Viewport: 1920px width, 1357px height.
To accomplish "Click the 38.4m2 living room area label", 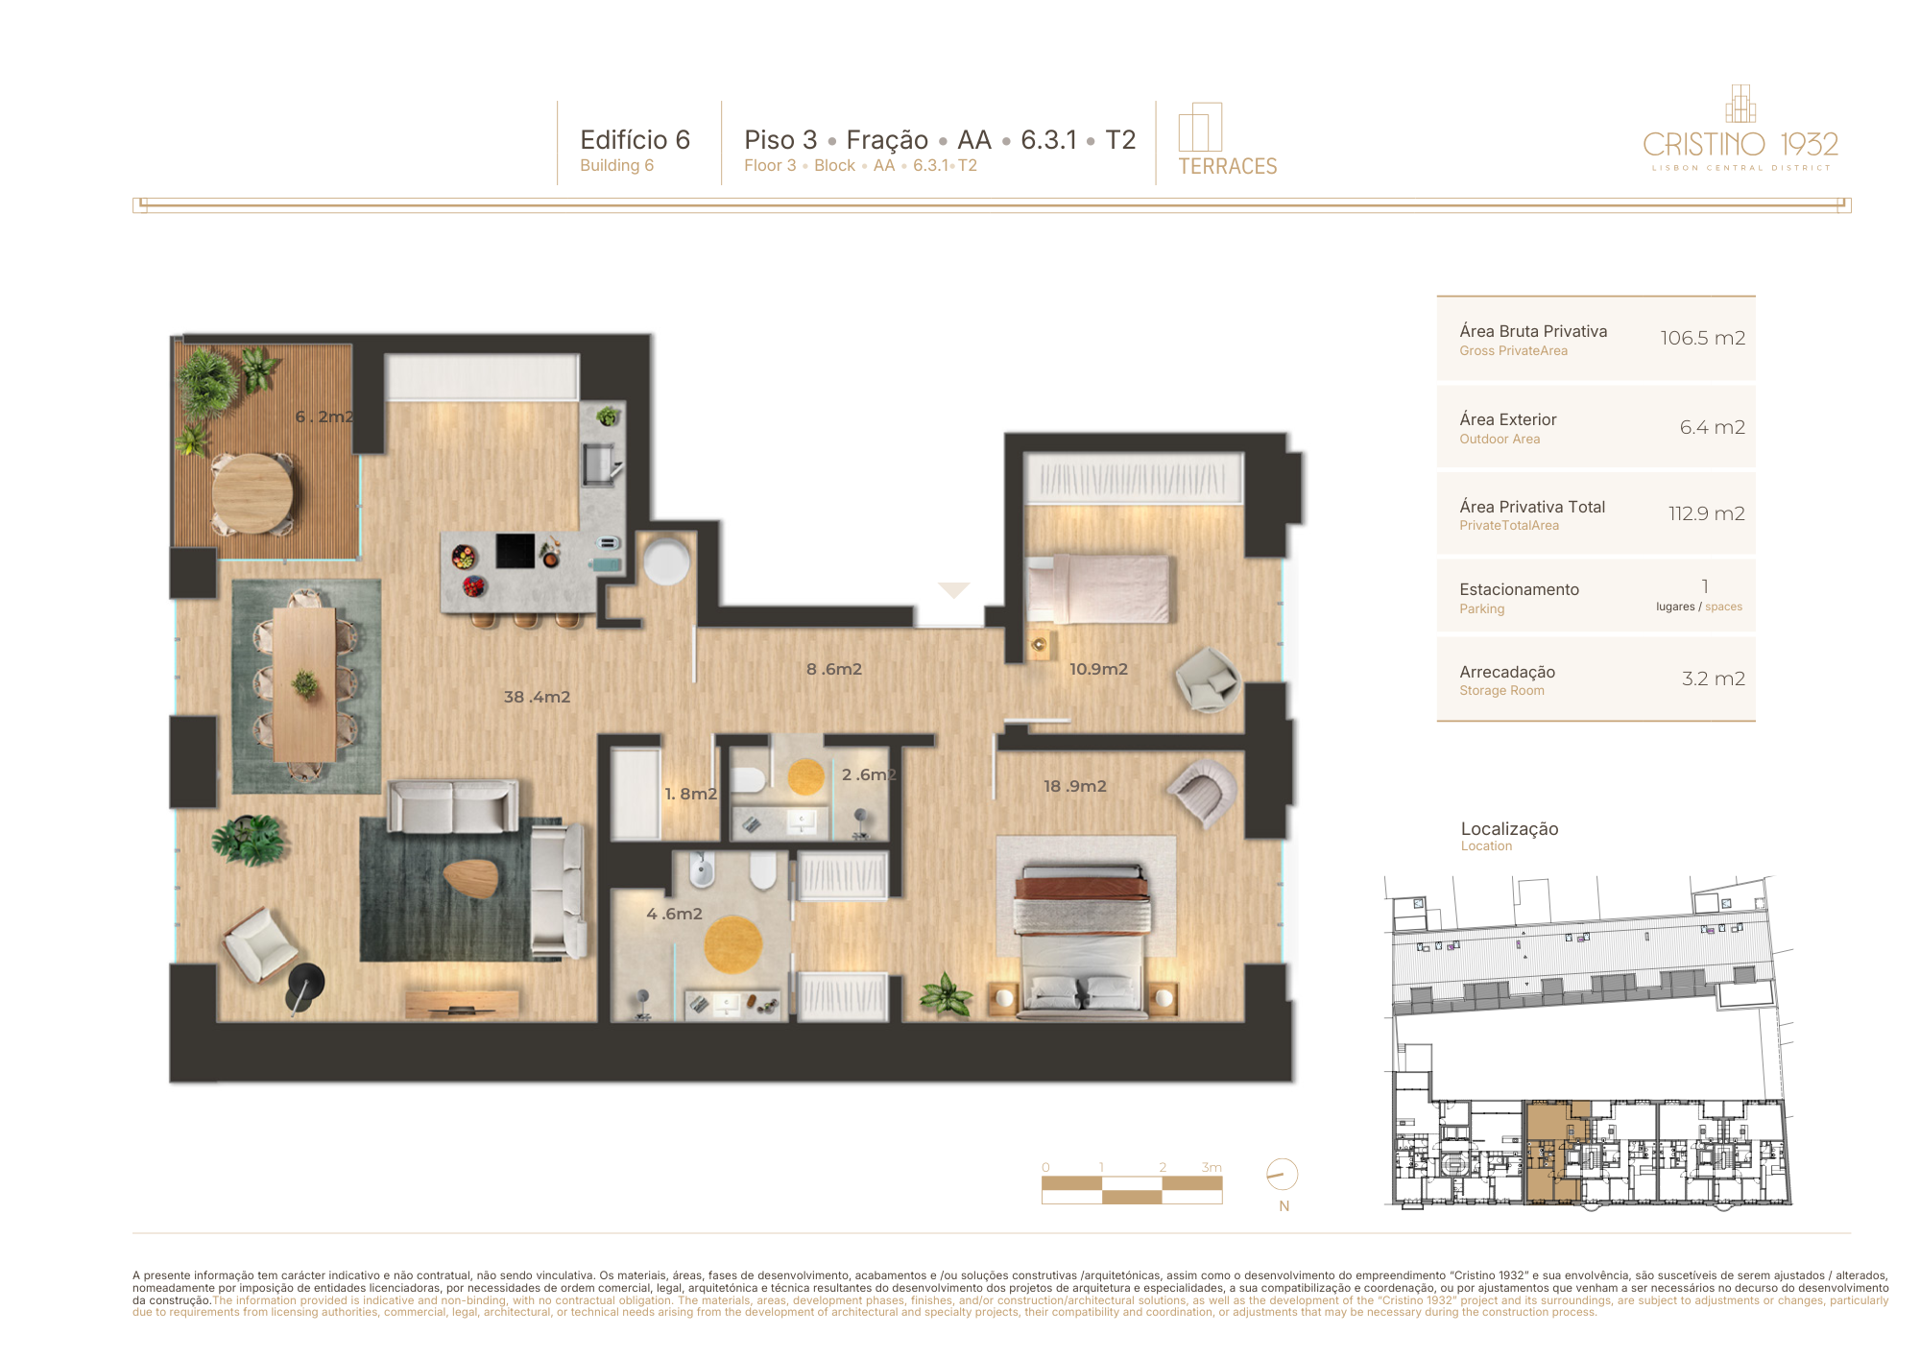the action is tap(537, 697).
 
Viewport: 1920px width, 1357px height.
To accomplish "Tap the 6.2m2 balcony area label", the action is tap(324, 417).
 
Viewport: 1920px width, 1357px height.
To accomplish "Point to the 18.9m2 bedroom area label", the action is tap(1075, 786).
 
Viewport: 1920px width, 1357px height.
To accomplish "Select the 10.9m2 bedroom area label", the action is tap(1098, 669).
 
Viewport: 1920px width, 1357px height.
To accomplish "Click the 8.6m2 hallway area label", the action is tap(834, 669).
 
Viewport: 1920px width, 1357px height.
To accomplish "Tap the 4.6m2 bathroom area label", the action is tap(674, 914).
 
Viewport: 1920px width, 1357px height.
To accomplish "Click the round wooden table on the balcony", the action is tap(252, 493).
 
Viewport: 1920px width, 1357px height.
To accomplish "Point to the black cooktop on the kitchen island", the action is tap(515, 551).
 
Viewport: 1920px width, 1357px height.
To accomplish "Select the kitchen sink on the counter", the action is tap(599, 464).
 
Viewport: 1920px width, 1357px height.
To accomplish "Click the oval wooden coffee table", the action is tap(471, 877).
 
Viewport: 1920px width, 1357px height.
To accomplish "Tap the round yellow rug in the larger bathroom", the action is tap(732, 944).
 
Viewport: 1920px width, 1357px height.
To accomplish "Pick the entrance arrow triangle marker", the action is tap(953, 590).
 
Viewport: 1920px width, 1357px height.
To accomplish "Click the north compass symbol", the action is tap(1282, 1174).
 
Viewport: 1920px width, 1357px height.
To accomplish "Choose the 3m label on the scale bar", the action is tap(1212, 1167).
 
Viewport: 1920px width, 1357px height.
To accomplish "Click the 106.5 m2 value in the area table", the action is tap(1702, 338).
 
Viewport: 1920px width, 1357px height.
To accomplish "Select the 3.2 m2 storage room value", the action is tap(1713, 678).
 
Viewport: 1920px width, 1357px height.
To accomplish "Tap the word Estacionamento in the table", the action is tap(1519, 589).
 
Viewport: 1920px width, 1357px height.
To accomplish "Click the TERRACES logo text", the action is tap(1228, 167).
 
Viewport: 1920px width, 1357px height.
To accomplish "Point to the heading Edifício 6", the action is tap(635, 140).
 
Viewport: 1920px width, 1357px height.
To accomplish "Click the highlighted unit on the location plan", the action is tap(1550, 1152).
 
